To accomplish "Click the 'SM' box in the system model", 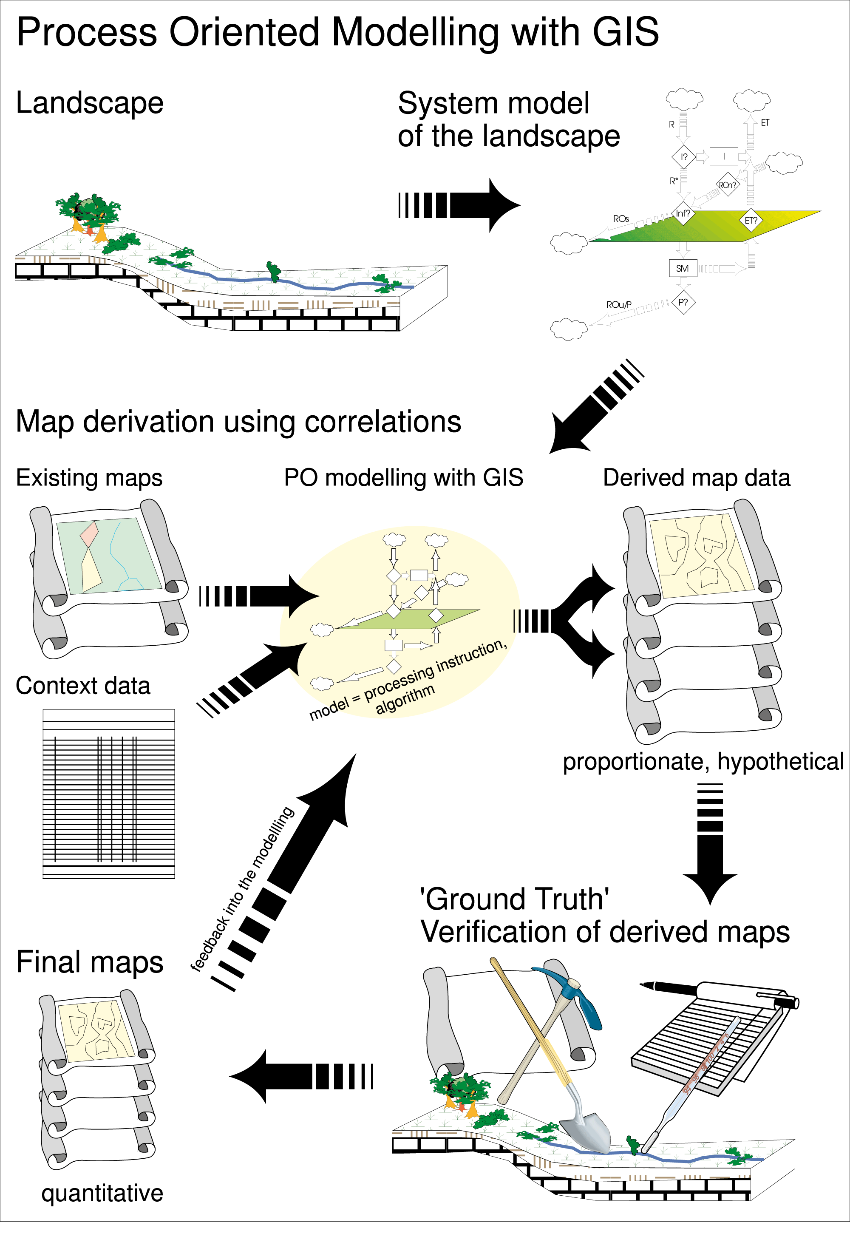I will [683, 268].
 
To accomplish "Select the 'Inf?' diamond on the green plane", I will [683, 213].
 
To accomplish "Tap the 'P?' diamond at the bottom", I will [683, 302].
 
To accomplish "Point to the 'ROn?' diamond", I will [728, 185].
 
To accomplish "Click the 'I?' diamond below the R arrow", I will [683, 157].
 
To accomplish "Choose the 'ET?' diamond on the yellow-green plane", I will [751, 220].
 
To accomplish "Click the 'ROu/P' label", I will [618, 304].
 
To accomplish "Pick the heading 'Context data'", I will [83, 686].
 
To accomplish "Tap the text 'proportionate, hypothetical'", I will [703, 761].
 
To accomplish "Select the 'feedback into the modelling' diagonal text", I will [242, 889].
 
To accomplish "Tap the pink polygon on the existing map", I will [89, 534].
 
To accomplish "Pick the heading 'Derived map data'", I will [697, 477].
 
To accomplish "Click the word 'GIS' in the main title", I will [626, 32].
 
